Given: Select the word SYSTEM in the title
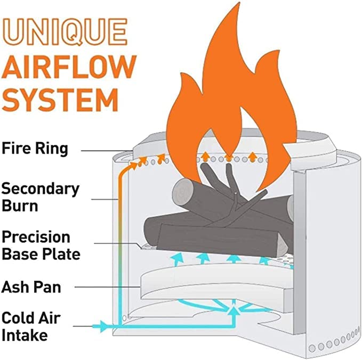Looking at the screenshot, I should (60, 101).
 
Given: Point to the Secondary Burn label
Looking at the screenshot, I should (40, 197).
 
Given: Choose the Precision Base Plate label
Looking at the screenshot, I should (41, 245).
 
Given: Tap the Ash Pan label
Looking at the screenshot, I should (31, 288).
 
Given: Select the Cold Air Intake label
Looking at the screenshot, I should (30, 326).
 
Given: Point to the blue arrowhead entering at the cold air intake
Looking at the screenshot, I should (104, 324).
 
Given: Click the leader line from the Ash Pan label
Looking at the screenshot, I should (107, 288).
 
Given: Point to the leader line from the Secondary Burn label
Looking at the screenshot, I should (104, 199).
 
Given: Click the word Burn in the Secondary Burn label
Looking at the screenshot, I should (20, 204).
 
